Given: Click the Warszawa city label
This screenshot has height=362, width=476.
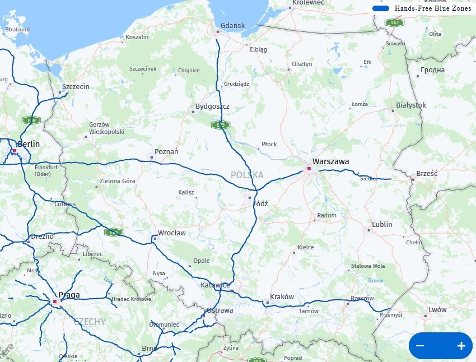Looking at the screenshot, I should click(330, 161).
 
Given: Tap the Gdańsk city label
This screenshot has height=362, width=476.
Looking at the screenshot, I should click(232, 25).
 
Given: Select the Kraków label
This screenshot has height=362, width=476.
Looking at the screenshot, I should click(282, 296).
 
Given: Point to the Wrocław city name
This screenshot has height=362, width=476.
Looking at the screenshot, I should click(171, 233).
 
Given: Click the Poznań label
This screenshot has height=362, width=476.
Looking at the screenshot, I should click(166, 151).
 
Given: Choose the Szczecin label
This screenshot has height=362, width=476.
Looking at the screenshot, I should click(76, 87).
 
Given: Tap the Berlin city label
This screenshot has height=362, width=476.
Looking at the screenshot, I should click(29, 144).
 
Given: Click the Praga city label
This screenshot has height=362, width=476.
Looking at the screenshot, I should click(69, 295).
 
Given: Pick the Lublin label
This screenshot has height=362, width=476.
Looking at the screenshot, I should click(382, 224).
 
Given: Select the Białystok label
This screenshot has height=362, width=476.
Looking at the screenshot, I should click(411, 105).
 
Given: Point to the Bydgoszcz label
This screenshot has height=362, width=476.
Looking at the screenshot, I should click(212, 106).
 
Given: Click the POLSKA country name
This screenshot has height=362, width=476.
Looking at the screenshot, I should click(247, 175).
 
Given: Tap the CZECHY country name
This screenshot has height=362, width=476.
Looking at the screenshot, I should click(89, 322).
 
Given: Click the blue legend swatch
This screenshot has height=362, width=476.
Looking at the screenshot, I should click(381, 8).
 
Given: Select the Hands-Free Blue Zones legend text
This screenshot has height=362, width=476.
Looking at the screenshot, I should click(433, 8).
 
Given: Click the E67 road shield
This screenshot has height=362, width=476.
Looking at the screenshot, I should click(394, 22).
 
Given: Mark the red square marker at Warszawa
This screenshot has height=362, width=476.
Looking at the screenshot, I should click(309, 168).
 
